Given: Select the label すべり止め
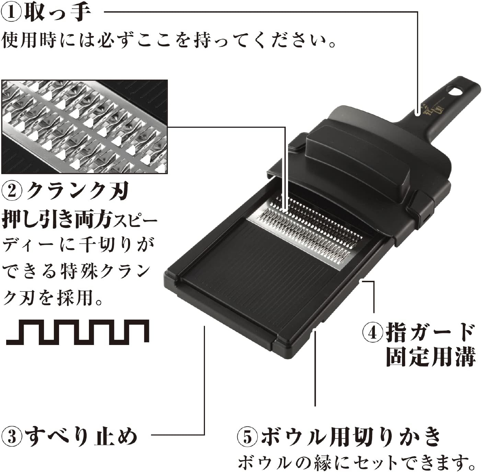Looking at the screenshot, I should (81, 436).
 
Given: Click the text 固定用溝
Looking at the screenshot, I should (431, 357).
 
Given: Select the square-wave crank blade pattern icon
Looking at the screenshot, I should (78, 332).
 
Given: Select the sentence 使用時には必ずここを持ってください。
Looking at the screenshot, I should (168, 41).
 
